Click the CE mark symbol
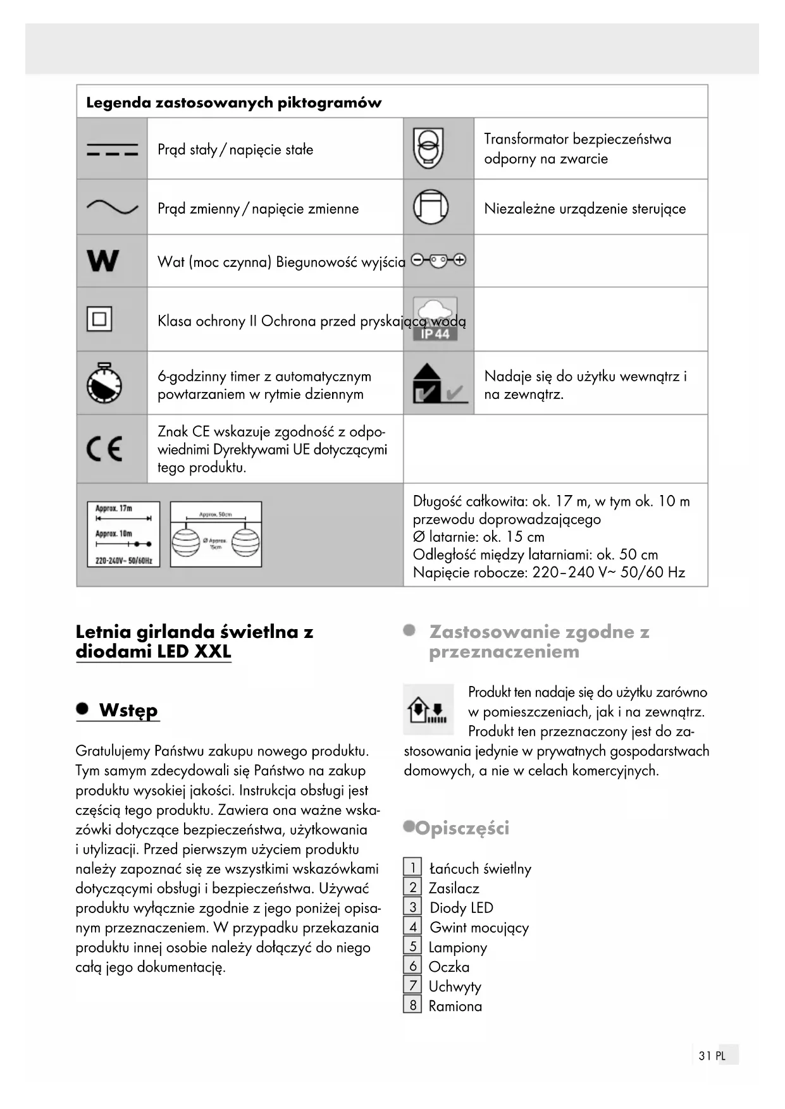click(104, 449)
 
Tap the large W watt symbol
click(102, 260)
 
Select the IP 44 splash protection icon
click(435, 319)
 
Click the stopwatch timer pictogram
click(104, 383)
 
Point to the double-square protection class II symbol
click(99, 319)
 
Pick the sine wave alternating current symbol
click(112, 207)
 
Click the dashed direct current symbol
click(112, 150)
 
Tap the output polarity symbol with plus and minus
click(438, 260)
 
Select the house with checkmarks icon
click(438, 384)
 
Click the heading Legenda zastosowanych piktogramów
click(233, 102)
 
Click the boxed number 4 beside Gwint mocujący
click(412, 927)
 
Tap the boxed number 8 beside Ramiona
click(412, 1005)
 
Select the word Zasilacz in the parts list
click(454, 888)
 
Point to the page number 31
click(705, 1055)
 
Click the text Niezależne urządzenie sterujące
click(584, 209)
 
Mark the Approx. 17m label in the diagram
click(114, 508)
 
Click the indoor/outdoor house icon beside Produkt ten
click(428, 709)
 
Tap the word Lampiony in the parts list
click(457, 947)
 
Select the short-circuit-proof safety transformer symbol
click(428, 148)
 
